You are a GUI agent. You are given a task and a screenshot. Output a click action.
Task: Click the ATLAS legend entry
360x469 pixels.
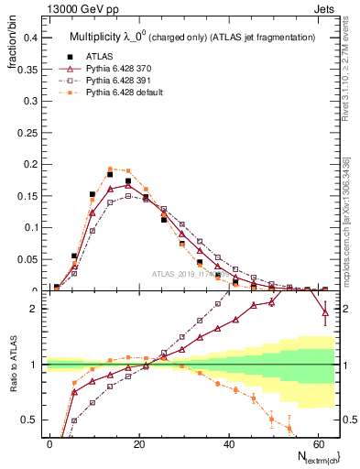(x=100, y=56)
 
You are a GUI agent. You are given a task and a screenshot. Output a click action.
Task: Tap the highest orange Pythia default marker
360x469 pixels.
(x=111, y=169)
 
